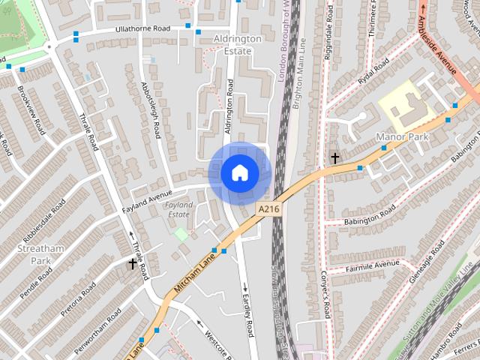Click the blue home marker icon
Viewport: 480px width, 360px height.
click(x=239, y=173)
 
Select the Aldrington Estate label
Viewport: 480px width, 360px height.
click(x=238, y=43)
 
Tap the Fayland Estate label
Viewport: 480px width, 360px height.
click(x=178, y=209)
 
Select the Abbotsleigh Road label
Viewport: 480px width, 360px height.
click(x=151, y=110)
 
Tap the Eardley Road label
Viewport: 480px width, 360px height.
click(x=248, y=314)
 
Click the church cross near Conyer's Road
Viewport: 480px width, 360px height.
click(x=334, y=158)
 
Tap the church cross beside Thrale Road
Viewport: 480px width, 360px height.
click(x=133, y=264)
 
